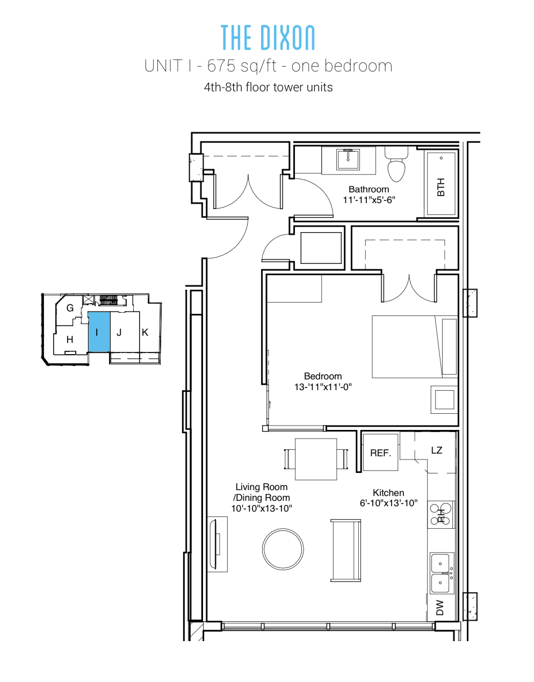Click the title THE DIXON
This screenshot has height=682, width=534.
tap(268, 38)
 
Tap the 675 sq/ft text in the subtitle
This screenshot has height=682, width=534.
tap(242, 66)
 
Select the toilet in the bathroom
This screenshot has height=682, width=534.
tap(396, 164)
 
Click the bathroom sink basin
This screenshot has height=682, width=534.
tap(348, 160)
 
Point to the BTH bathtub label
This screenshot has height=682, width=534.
tap(441, 187)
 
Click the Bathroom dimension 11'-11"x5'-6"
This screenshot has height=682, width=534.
tap(369, 200)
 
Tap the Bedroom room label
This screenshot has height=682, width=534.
tap(323, 376)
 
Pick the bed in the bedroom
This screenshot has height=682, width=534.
tap(415, 347)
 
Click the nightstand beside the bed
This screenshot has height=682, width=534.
tap(444, 399)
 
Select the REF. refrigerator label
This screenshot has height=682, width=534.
tap(380, 453)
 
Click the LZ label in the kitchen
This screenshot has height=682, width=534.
tap(436, 450)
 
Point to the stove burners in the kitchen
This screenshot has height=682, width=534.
tap(441, 514)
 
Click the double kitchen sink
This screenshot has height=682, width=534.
tap(442, 573)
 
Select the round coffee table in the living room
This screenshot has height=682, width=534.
tap(283, 549)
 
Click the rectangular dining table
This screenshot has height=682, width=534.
tap(316, 459)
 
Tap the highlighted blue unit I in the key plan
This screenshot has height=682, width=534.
tap(99, 332)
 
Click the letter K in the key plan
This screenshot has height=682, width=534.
tap(145, 332)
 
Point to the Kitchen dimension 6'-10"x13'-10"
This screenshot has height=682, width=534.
tap(388, 503)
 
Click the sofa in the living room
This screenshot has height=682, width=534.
tap(345, 550)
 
